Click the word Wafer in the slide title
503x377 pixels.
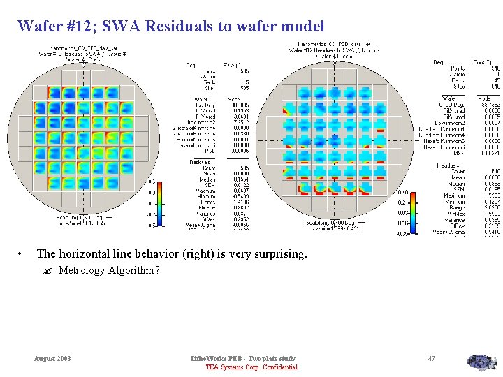click(38, 27)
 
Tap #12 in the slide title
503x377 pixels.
click(80, 27)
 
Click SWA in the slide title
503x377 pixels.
click(117, 27)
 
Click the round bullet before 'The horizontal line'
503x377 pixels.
click(22, 254)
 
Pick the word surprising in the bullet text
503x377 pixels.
click(276, 254)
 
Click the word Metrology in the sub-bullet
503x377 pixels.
click(82, 270)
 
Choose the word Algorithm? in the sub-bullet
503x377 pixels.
click(134, 270)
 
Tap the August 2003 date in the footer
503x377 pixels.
click(52, 358)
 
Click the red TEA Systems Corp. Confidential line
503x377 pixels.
click(251, 367)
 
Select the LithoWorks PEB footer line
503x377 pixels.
click(242, 358)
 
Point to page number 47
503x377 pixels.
click(431, 358)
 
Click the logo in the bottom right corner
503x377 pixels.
click(481, 362)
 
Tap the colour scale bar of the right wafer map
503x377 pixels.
click(414, 213)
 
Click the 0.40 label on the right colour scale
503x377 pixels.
click(403, 192)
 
